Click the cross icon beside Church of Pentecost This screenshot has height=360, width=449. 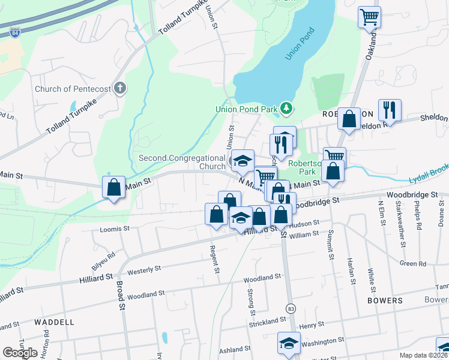tap(120, 89)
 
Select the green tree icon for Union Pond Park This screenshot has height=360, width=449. tap(288, 109)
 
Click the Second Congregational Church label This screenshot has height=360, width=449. tap(182, 162)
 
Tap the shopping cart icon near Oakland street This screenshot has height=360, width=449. tap(369, 17)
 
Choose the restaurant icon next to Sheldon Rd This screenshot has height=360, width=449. tap(390, 110)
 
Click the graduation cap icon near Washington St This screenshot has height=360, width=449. tap(289, 343)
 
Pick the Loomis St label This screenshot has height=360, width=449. tap(114, 229)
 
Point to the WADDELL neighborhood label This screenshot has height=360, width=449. tap(54, 322)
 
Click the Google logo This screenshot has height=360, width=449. tap(20, 352)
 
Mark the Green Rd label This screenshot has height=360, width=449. tap(413, 263)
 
